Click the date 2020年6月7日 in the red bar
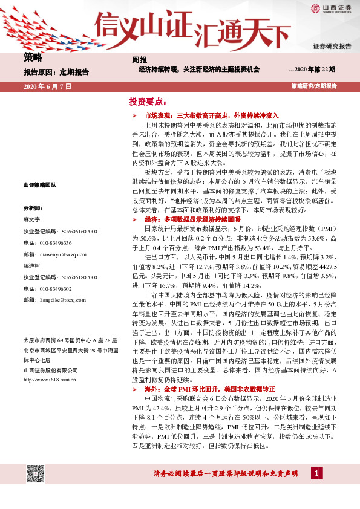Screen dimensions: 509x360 click(x=47, y=86)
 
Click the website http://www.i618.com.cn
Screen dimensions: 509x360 click(x=48, y=380)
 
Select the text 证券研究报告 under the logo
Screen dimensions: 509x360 click(x=332, y=47)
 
